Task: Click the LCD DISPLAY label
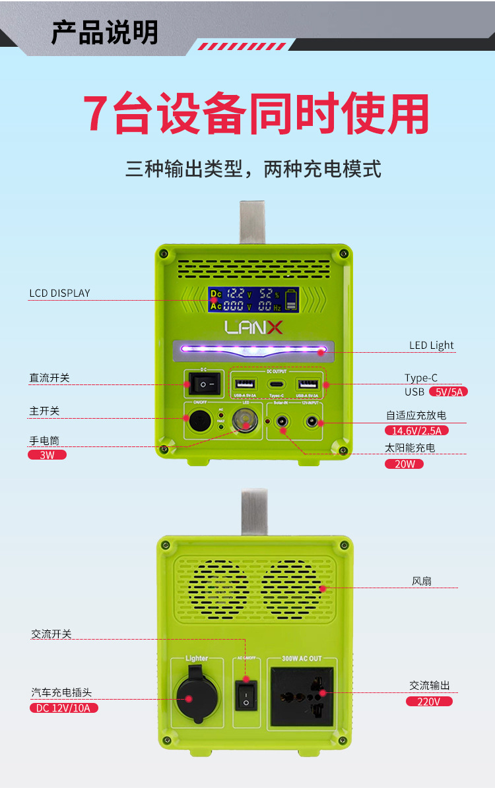coord(59,293)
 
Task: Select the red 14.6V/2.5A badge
coord(417,431)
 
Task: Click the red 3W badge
coord(47,455)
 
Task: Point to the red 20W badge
coord(404,464)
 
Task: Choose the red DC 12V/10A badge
coord(63,708)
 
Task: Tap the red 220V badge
coord(429,702)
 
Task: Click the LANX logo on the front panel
coord(253,327)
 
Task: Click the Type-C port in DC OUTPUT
coord(277,384)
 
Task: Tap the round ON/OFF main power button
coord(199,419)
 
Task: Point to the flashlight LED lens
coord(245,421)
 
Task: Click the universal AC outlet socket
coord(302,696)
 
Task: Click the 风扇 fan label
coord(422,582)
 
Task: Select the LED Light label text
coord(432,346)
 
